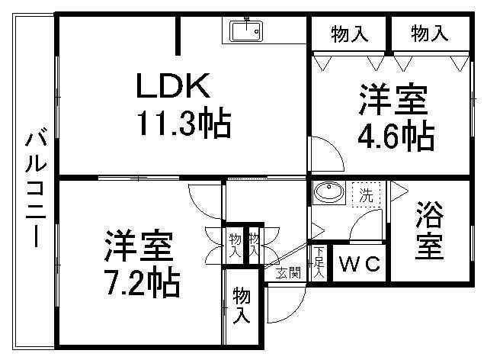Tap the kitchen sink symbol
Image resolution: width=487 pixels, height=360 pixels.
pos(247,31)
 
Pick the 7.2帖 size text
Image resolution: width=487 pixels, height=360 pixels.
pos(143,284)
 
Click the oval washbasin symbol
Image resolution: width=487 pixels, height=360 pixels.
pos(329,192)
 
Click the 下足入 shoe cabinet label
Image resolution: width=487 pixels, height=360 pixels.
pos(319,261)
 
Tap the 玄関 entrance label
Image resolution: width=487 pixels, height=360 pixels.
pos(287,272)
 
